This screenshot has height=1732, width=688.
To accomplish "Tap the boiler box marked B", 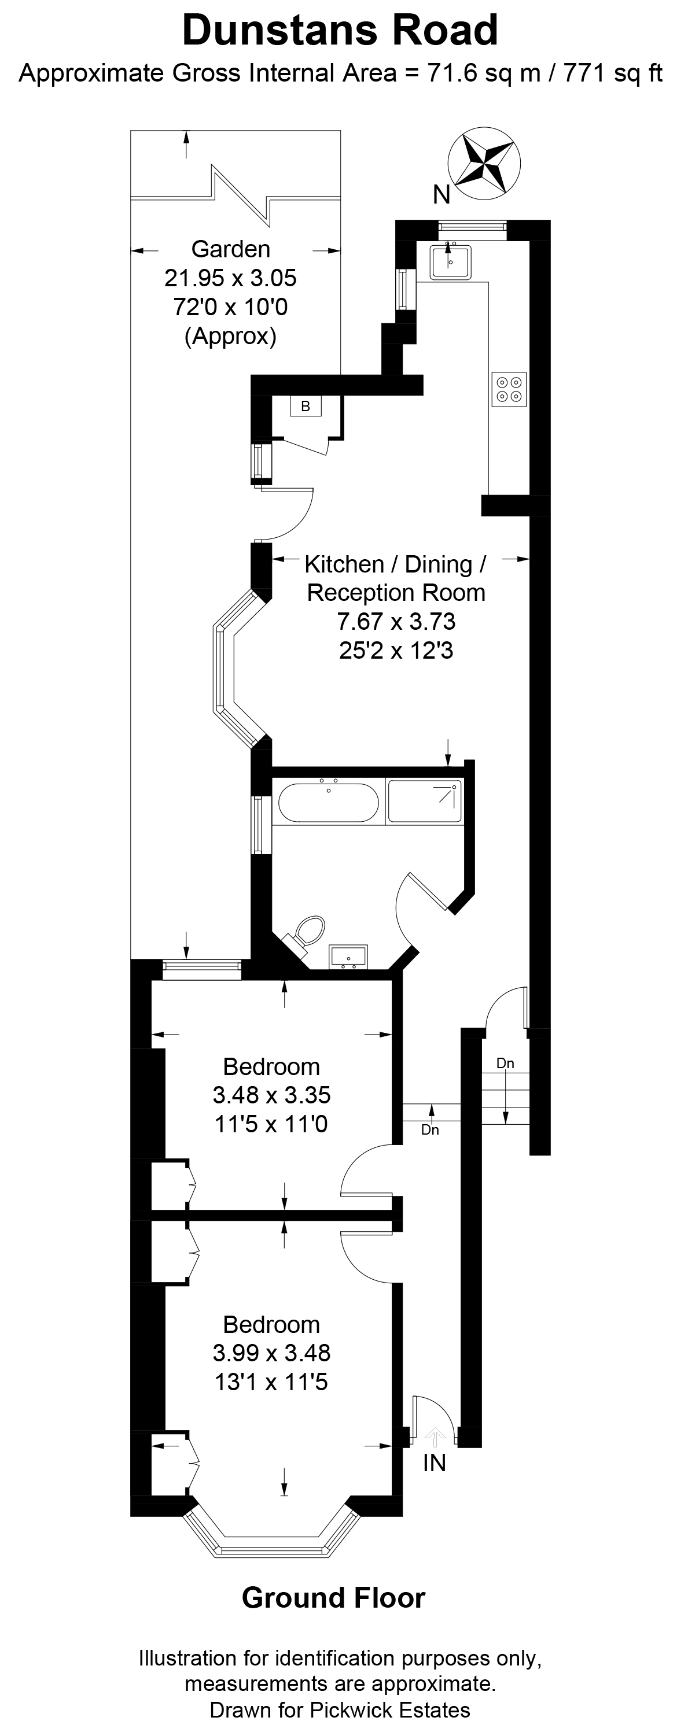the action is pos(306,406).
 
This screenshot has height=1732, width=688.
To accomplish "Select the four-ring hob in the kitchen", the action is pos(509,389).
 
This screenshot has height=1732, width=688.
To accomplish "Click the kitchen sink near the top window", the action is pos(451,261).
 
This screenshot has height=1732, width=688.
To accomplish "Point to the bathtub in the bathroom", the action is pos(329,802).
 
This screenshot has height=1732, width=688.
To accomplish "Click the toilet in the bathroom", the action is pos(306,933).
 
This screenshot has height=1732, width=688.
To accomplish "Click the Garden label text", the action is pos(231,249).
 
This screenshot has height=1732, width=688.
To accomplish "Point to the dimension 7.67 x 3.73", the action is pos(396,621).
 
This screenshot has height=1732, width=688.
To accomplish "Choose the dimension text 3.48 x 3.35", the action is pos(272,1095).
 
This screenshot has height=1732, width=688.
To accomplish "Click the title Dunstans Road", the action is pos(340,31).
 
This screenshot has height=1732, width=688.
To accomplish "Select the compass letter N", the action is pos(441,195).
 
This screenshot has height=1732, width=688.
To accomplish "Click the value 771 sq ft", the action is pos(613,73).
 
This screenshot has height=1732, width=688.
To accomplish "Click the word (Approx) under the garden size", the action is pos(231,335).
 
